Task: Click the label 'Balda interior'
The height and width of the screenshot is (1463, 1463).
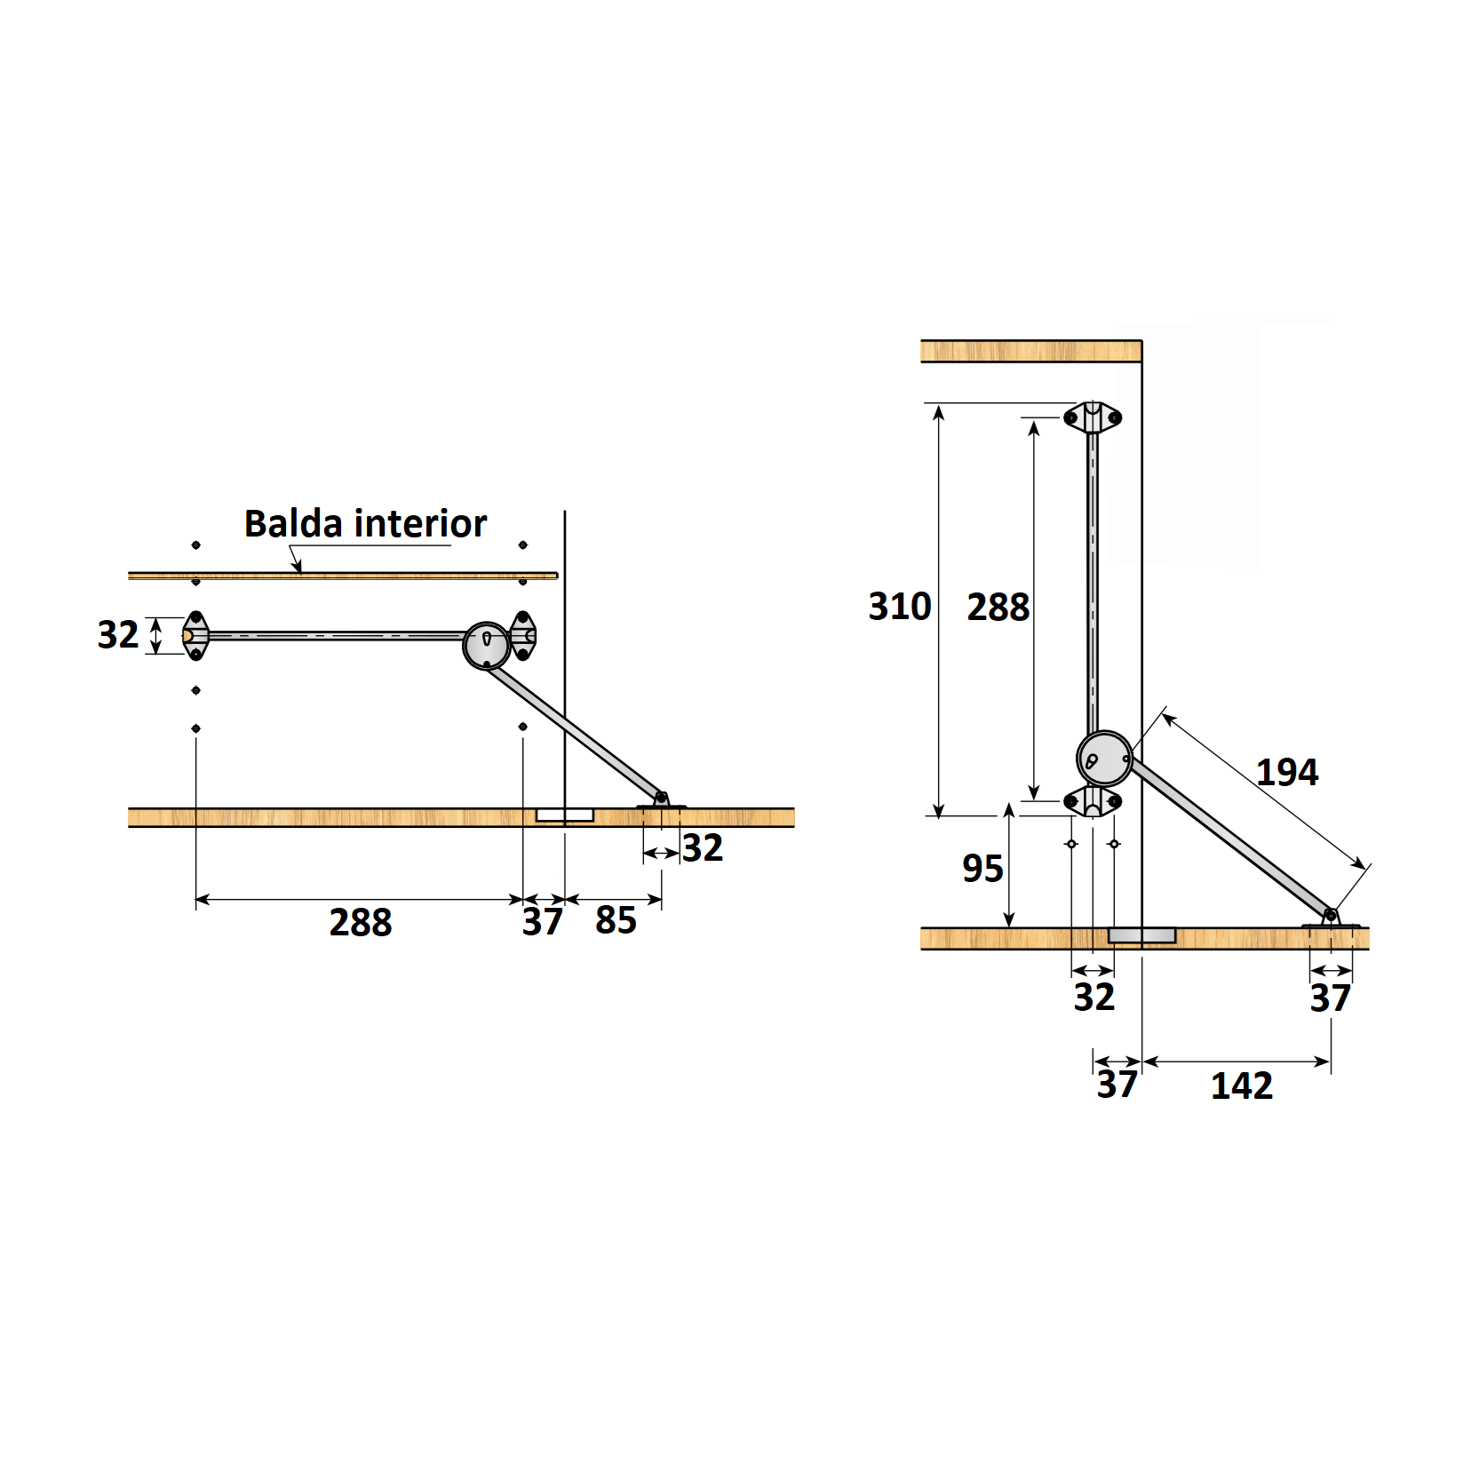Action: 365,524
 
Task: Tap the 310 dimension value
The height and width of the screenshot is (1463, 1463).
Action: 900,607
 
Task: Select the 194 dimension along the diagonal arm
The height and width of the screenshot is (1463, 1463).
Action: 1287,772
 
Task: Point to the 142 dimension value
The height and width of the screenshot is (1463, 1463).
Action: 1242,1085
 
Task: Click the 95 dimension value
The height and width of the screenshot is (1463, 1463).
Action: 982,868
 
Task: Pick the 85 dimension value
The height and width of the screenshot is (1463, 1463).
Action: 616,920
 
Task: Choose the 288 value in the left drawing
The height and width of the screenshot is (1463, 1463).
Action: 361,922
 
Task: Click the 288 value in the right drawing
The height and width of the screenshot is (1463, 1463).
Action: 998,608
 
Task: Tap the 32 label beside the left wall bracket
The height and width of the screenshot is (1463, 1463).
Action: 118,634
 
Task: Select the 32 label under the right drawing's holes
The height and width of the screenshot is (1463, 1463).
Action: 1093,997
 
